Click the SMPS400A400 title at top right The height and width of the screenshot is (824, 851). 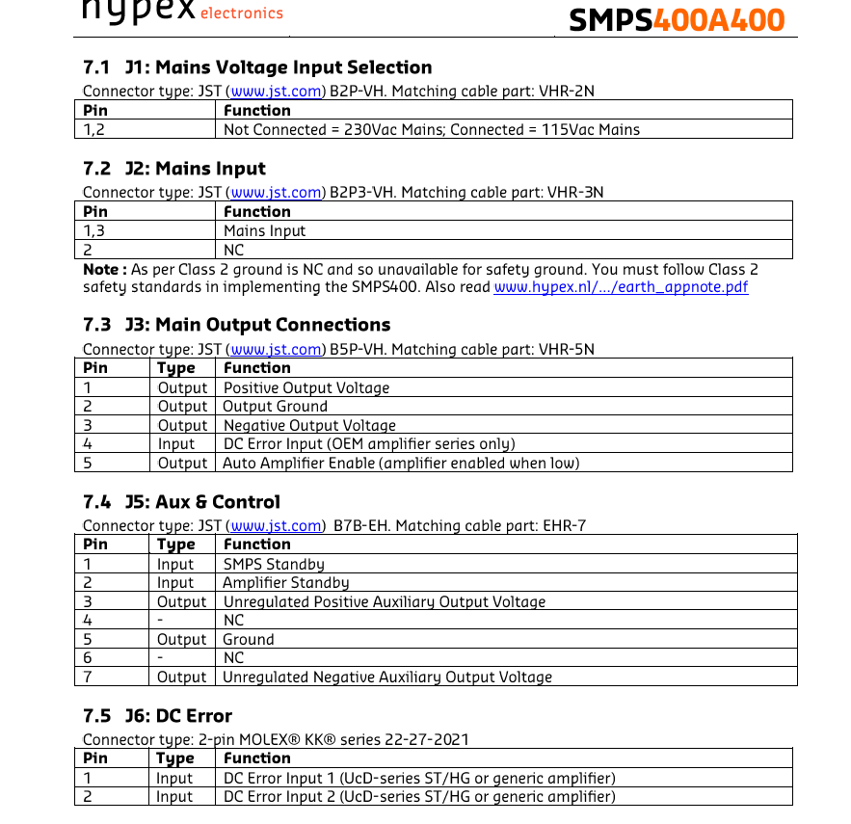[x=676, y=19]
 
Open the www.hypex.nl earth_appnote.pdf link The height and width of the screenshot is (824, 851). [x=621, y=287]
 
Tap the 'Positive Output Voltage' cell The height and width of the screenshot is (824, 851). [x=306, y=387]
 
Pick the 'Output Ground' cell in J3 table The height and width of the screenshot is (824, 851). [x=276, y=407]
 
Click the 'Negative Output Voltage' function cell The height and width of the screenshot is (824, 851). [x=309, y=425]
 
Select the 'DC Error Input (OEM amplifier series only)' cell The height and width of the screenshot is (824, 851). [x=369, y=443]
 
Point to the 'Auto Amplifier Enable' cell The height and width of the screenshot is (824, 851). [x=401, y=463]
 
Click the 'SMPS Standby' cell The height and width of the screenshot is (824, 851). [x=274, y=564]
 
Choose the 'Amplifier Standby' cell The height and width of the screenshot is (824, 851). [x=286, y=582]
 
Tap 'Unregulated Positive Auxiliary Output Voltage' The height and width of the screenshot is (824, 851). [x=384, y=601]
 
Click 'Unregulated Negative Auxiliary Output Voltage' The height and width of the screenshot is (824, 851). [x=387, y=677]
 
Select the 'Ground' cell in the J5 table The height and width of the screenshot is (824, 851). [x=249, y=639]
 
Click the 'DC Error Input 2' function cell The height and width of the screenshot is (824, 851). [x=419, y=796]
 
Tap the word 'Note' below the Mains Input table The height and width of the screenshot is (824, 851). [x=101, y=270]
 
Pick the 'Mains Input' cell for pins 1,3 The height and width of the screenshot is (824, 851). [x=265, y=230]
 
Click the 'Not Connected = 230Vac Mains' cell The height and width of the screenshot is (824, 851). [x=432, y=129]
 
